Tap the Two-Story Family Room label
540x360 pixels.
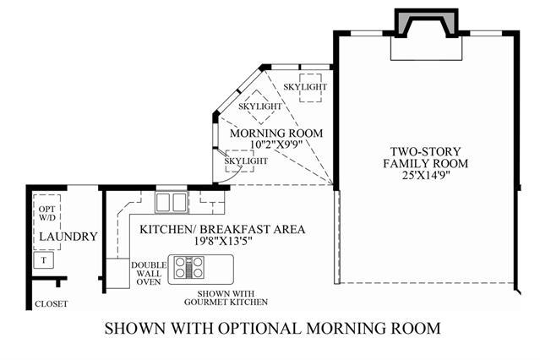426,157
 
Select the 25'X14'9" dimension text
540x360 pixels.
427,175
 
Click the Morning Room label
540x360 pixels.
276,133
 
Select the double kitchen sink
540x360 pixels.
172,202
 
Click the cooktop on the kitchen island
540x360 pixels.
188,268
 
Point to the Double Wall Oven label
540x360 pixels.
149,274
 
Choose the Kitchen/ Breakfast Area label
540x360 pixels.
222,229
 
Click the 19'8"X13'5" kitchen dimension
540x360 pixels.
223,241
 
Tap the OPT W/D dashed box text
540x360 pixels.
47,213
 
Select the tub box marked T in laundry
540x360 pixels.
44,260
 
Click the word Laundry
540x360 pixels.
68,237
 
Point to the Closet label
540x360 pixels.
52,304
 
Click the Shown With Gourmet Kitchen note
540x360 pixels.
226,298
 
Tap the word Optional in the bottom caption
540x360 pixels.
259,328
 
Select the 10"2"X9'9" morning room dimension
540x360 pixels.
276,145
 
